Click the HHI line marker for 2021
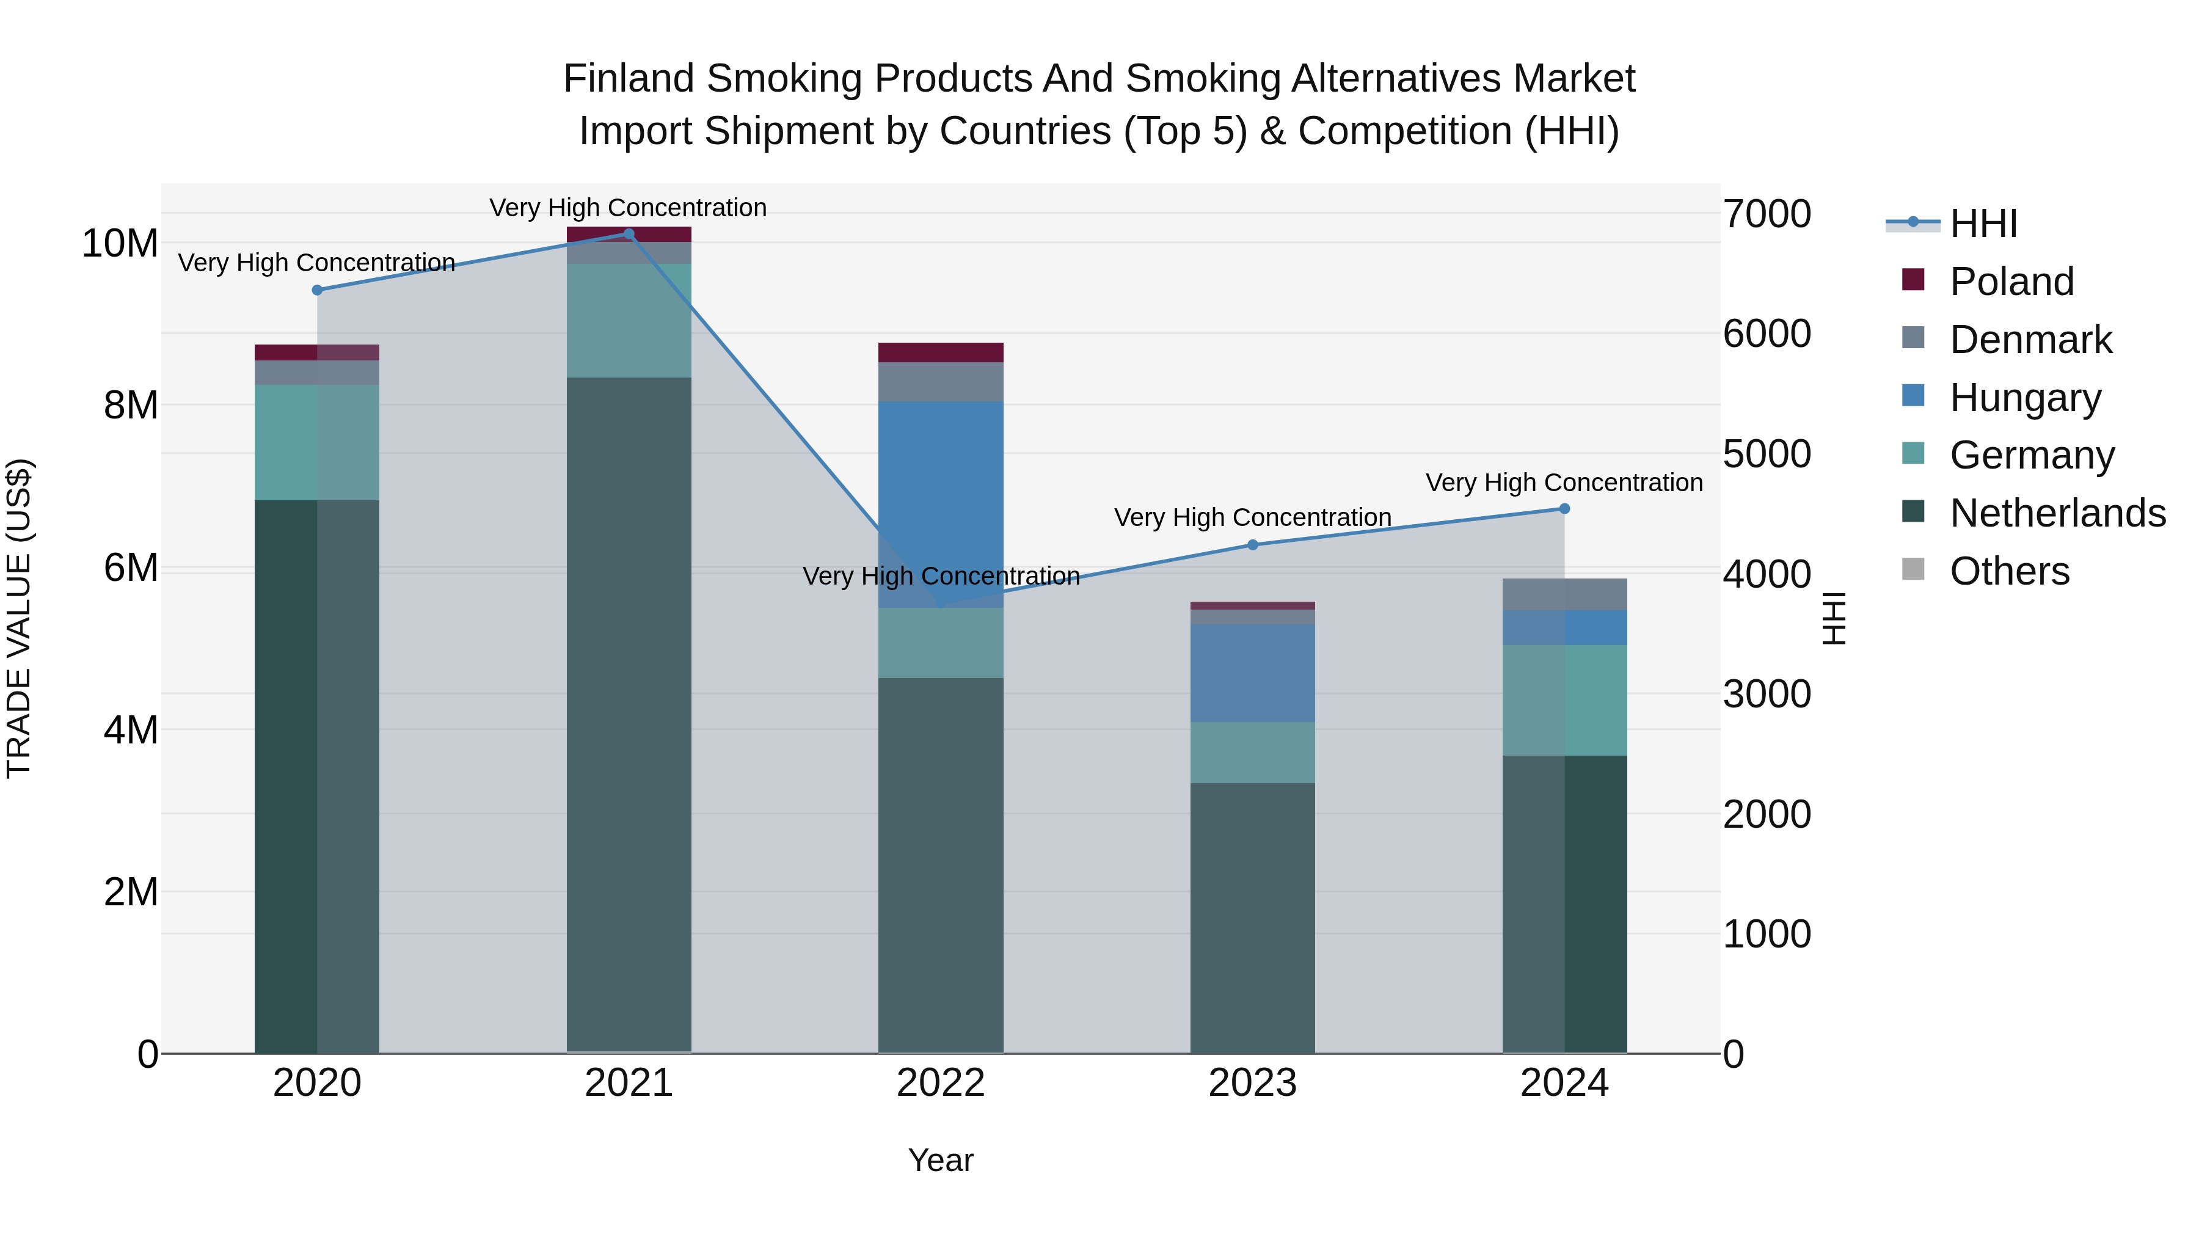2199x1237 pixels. (629, 234)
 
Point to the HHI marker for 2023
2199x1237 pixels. (1252, 545)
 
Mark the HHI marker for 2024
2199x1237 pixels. (1564, 509)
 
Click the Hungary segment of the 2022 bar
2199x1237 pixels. (941, 504)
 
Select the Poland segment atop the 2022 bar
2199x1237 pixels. (941, 352)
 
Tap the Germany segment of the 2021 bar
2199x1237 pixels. (629, 320)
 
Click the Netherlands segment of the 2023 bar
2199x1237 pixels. (1252, 918)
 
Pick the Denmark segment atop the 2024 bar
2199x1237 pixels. (1564, 594)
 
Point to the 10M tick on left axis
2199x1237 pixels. (120, 244)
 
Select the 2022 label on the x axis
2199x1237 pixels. (941, 1083)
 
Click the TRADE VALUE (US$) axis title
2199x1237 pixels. (19, 618)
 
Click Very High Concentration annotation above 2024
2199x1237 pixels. (1564, 483)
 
